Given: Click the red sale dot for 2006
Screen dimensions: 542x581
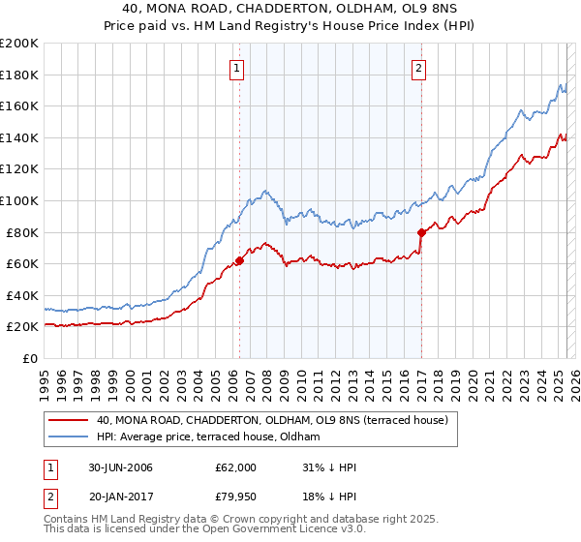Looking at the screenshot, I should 239,260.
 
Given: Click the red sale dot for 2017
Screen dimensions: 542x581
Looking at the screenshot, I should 421,232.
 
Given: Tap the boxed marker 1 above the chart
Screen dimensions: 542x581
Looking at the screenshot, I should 238,68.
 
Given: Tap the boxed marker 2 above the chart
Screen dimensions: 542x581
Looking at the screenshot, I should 419,68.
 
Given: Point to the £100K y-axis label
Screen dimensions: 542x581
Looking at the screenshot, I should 18,200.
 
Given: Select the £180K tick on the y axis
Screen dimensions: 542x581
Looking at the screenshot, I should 18,75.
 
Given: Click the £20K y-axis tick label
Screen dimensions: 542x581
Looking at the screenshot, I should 22,327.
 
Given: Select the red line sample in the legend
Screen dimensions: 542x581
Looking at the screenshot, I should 68,421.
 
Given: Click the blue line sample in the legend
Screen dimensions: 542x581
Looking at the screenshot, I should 68,437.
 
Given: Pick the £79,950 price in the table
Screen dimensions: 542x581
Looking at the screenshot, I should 236,497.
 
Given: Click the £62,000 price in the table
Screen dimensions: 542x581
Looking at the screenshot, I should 236,467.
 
